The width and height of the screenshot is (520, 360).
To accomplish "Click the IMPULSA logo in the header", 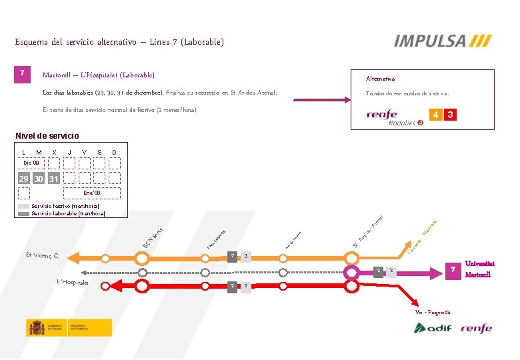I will click(443, 41).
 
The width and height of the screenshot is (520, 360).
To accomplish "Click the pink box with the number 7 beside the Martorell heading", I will click(23, 73).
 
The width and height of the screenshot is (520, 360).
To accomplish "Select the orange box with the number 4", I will click(436, 115).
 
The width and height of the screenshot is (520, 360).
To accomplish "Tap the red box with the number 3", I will click(451, 115).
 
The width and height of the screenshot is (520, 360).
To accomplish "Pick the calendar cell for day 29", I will click(24, 179).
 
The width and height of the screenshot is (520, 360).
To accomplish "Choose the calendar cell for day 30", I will click(39, 179).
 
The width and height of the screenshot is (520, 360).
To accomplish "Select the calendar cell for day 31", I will click(54, 179).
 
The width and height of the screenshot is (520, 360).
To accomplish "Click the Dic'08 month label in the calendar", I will click(31, 163).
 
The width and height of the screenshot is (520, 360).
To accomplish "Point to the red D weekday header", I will click(114, 152).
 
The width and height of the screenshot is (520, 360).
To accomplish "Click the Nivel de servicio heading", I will click(47, 136).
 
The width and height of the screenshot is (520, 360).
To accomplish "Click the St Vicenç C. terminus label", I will click(43, 256).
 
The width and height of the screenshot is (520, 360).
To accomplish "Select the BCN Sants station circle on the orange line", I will click(142, 256).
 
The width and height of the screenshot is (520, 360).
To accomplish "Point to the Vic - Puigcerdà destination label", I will click(433, 312).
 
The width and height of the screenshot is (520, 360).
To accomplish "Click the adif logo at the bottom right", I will click(433, 328).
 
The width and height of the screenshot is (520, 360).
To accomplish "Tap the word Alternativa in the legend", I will click(380, 79).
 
